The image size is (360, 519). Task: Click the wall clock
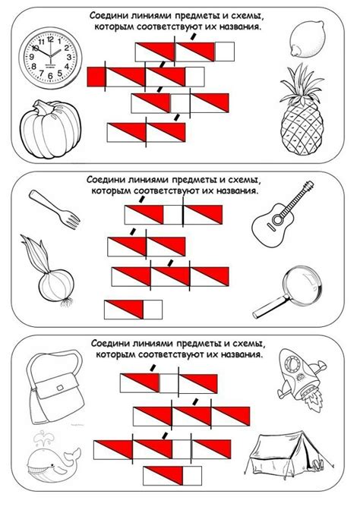tap(50, 58)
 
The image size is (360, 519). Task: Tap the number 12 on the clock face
tap(50, 39)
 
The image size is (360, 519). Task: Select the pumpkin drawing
tap(50, 130)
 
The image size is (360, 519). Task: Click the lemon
tap(307, 39)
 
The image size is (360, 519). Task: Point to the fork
tap(55, 209)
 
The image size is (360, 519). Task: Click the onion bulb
tap(56, 285)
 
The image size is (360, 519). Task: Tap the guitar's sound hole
tap(277, 219)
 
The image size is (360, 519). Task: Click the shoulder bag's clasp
tap(60, 388)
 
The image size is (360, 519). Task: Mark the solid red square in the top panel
tap(96, 77)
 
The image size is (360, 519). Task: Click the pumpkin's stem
tap(43, 108)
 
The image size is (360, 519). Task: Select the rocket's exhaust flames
tap(312, 400)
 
